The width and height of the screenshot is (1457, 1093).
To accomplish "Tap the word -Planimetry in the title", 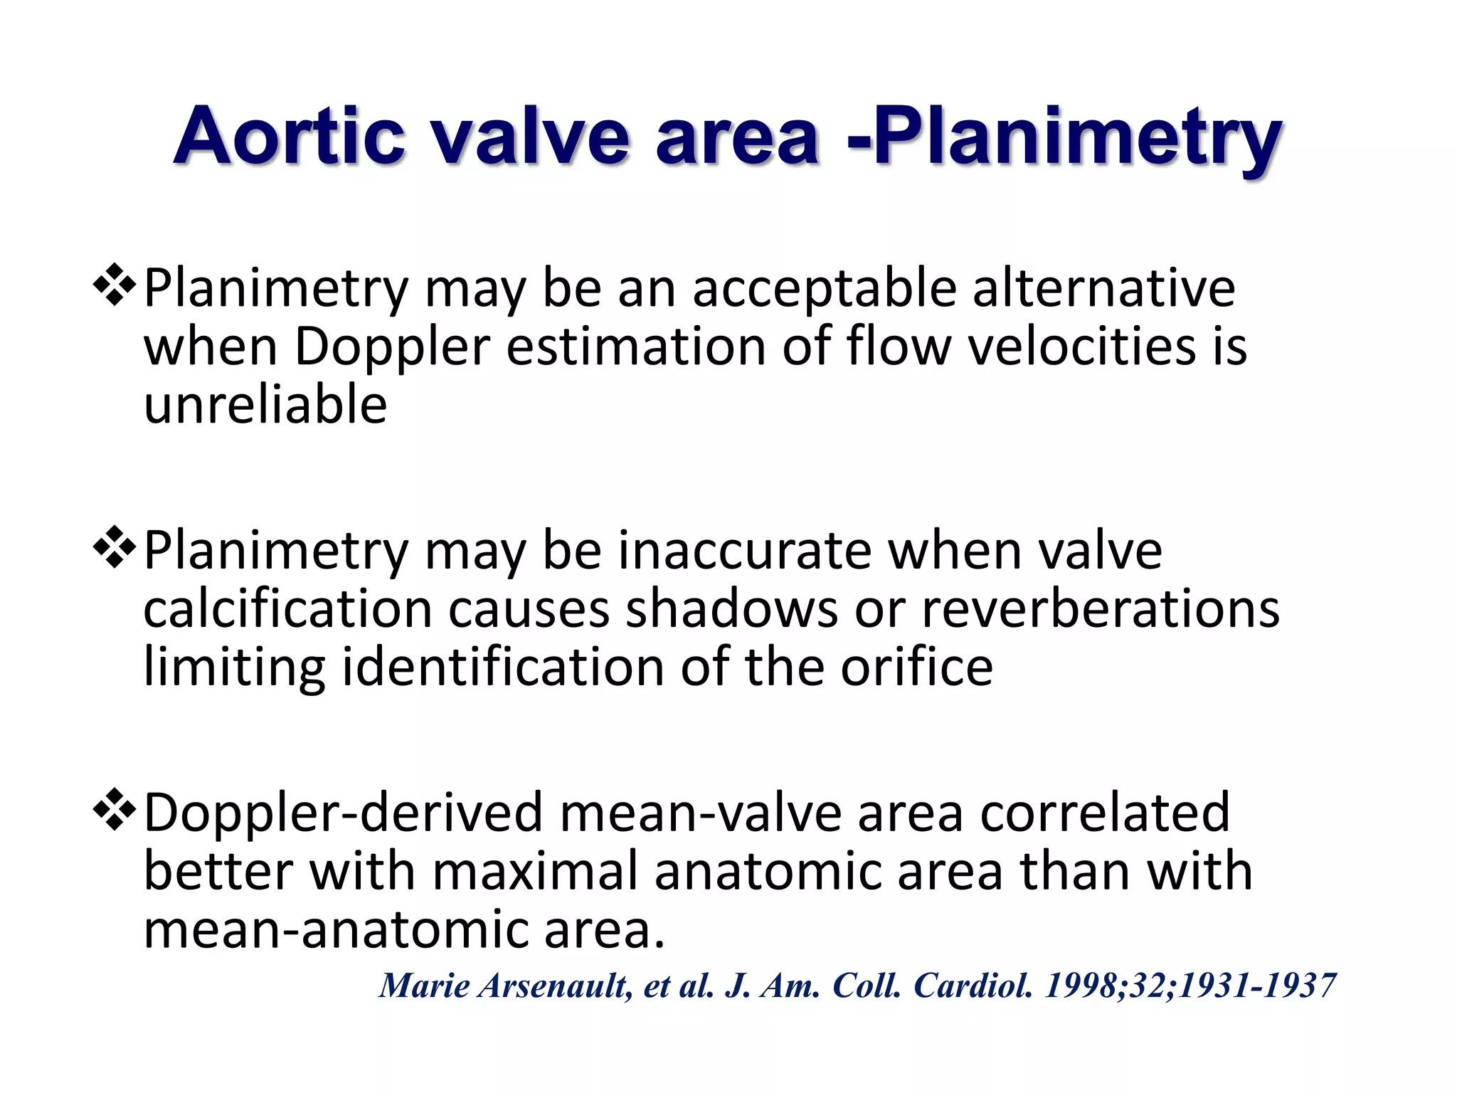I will [x=1064, y=137].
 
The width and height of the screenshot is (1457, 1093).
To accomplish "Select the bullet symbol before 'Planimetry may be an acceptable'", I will [x=115, y=286].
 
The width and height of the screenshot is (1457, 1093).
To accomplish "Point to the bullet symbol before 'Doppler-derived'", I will [x=115, y=811].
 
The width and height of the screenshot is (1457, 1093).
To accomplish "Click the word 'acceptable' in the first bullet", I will [x=825, y=289].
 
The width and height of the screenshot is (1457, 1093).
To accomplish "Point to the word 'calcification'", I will [x=288, y=609].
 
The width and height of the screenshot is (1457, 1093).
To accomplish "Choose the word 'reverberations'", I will [x=1100, y=609].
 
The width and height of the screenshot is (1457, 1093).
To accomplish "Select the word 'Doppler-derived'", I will [x=344, y=813].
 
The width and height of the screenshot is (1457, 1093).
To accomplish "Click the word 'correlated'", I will [x=1105, y=813].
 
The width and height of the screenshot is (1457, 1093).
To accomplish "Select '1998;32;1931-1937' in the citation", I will [x=1190, y=986].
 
